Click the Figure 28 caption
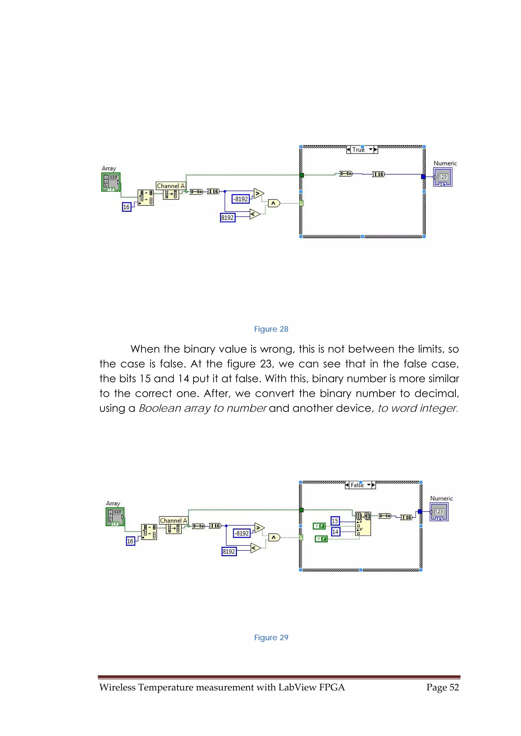pos(271,329)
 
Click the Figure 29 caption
pos(271,637)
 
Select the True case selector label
pos(358,150)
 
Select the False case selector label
pos(357,485)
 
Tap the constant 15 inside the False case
pos(335,521)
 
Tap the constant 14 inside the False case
pos(335,532)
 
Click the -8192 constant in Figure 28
pos(240,199)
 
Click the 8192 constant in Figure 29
pos(229,551)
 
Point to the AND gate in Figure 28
pos(273,203)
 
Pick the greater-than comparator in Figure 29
pos(259,527)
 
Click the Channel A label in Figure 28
pos(171,186)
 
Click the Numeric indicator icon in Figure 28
pos(442,177)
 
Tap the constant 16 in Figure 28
pos(126,207)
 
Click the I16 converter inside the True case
pos(378,174)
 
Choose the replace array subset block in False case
pos(363,523)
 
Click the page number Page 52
pos(442,687)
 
